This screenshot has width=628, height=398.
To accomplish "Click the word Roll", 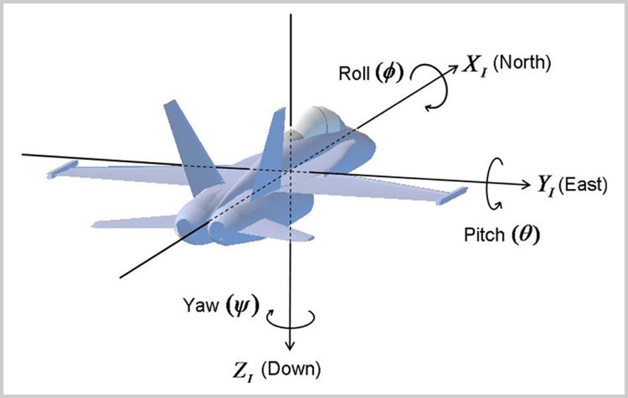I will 353,73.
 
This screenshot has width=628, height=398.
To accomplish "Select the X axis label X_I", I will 475,66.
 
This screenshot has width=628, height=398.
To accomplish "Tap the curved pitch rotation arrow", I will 494,184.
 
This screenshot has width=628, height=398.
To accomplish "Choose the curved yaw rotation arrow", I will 291,318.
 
